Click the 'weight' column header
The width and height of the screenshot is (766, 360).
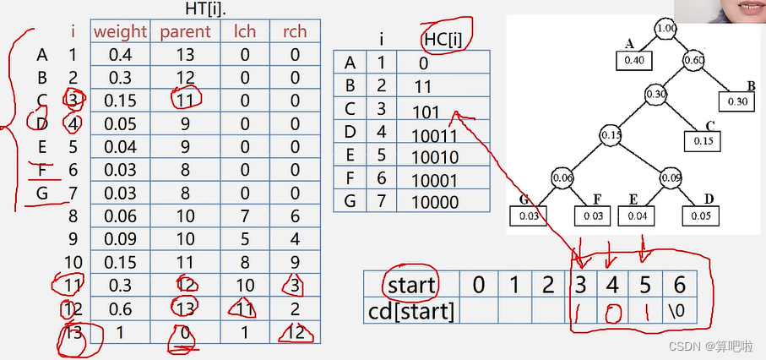121,32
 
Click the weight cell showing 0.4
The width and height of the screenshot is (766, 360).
120,55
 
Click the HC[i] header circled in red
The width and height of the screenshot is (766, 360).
444,38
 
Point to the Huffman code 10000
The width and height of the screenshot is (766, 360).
434,202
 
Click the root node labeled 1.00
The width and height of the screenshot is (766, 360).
666,29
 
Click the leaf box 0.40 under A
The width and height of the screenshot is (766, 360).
633,61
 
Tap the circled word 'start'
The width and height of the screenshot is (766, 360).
410,285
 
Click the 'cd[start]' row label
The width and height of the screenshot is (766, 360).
411,311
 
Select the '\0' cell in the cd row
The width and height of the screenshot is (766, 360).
682,311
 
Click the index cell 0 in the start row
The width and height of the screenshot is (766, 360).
478,285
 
